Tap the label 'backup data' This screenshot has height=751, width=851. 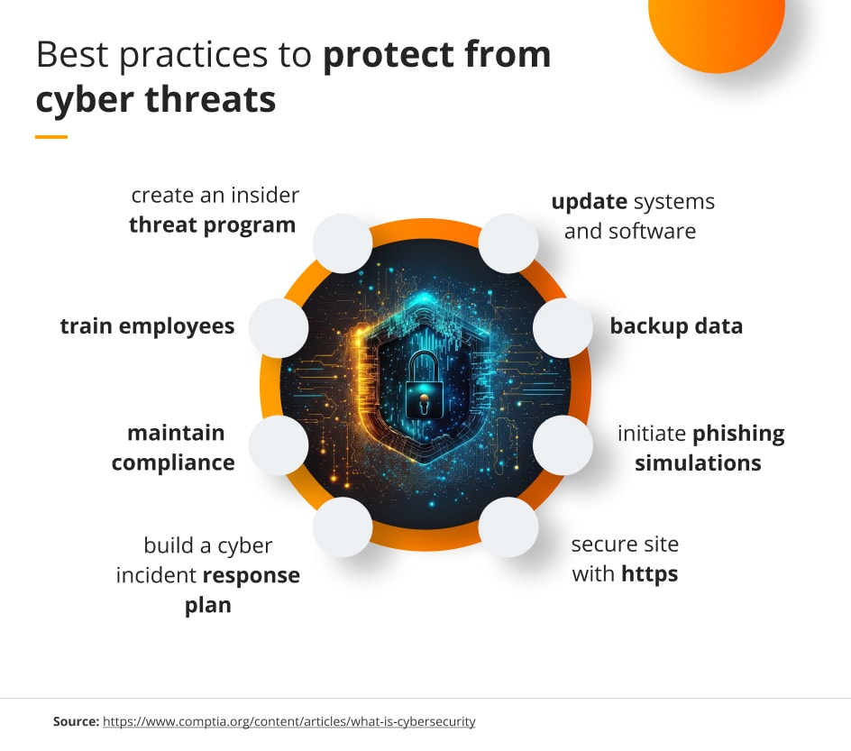(676, 325)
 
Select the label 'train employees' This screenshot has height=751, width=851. (147, 325)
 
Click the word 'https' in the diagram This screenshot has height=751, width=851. (649, 573)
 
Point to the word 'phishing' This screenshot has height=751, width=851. (738, 434)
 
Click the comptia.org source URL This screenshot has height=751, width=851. (288, 721)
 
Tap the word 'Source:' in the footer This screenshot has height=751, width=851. (76, 721)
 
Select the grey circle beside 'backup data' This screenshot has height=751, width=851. (563, 326)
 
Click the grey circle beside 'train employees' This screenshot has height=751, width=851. (278, 326)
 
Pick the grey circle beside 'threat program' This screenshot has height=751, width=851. (343, 243)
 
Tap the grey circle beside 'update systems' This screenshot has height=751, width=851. (508, 243)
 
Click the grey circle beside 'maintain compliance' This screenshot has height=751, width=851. (278, 445)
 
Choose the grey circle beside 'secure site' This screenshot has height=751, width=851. (508, 527)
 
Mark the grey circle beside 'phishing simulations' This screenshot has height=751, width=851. (563, 445)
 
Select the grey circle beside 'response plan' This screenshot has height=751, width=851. (343, 527)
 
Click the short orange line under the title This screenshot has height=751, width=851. (51, 137)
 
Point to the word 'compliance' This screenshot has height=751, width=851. (173, 463)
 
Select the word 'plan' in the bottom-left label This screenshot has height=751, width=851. (208, 605)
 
